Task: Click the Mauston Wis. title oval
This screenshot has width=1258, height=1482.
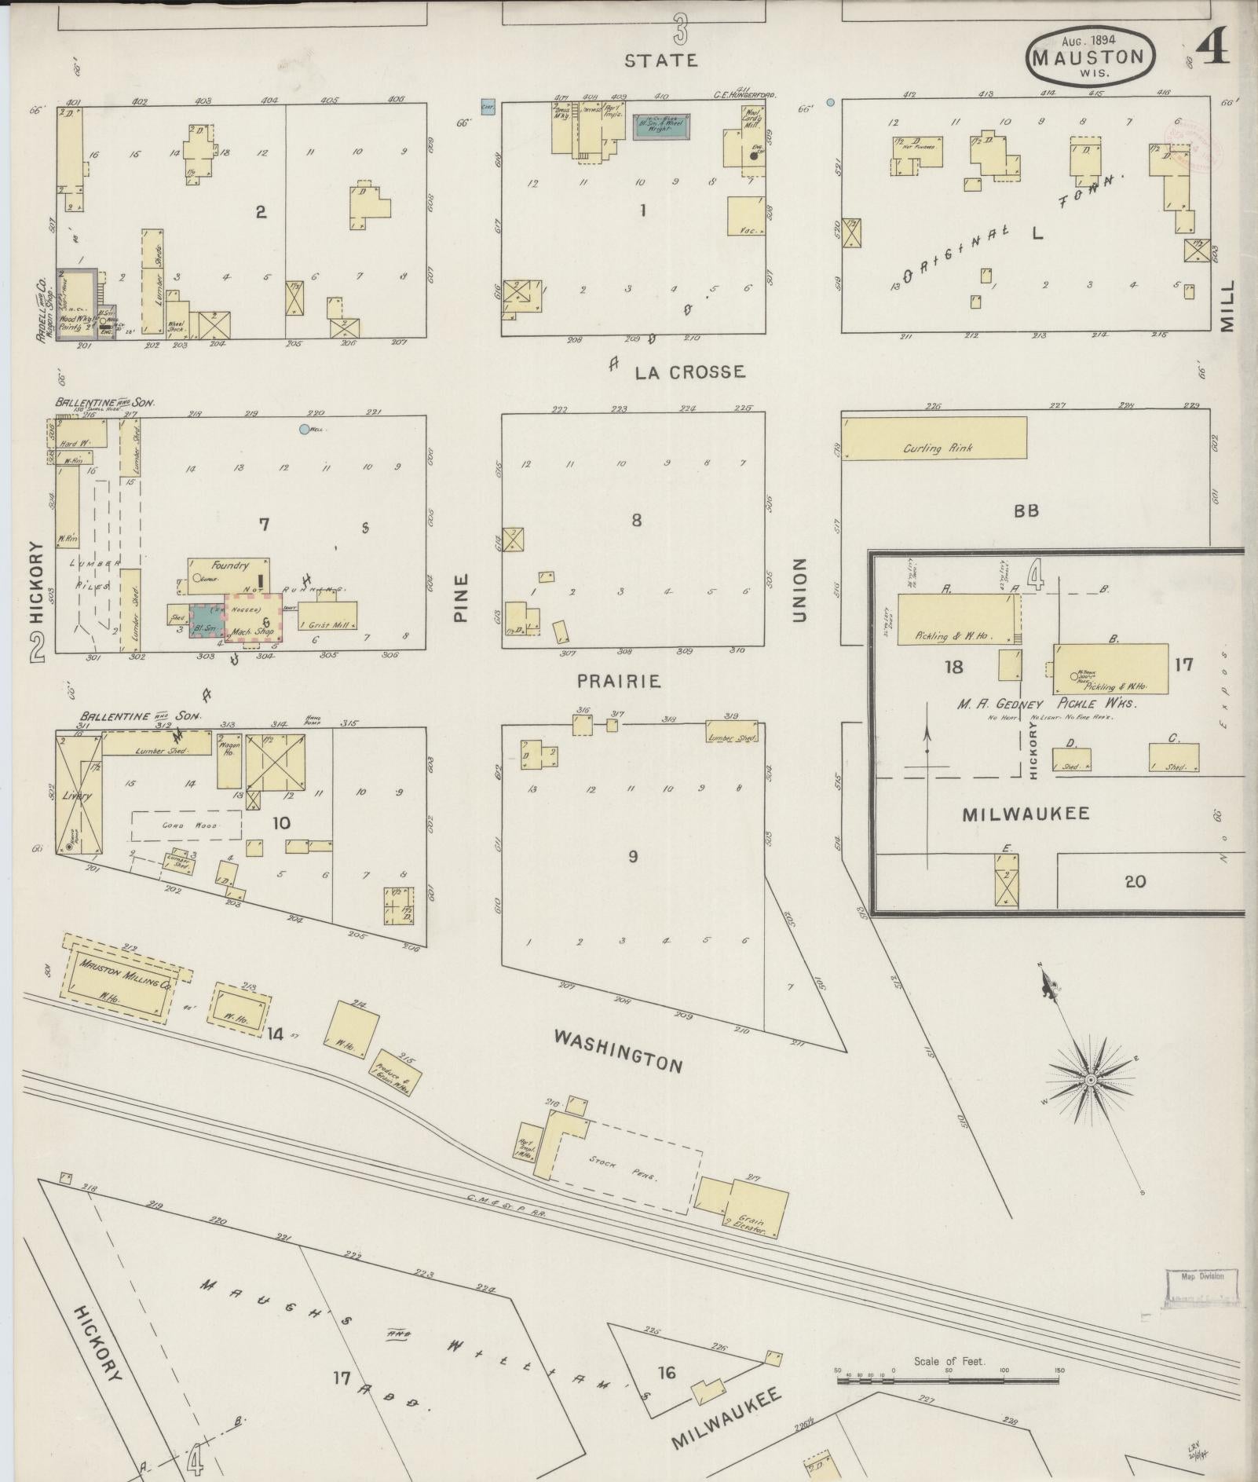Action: click(x=1089, y=57)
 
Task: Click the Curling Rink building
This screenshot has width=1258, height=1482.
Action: click(x=934, y=438)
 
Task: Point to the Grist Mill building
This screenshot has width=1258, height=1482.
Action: click(x=327, y=616)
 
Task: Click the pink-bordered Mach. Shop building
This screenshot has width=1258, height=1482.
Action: click(x=253, y=617)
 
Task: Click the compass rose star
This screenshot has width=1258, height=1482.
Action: click(x=1090, y=1081)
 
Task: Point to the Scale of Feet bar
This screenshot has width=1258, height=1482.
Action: click(x=948, y=1376)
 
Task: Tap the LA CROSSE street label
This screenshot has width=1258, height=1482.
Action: click(x=689, y=371)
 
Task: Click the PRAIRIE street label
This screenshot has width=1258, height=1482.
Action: click(x=619, y=681)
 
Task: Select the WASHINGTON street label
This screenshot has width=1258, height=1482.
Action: click(x=618, y=1051)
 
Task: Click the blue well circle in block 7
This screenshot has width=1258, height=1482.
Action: click(x=305, y=430)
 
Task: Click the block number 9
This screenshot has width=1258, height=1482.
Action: click(x=632, y=857)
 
